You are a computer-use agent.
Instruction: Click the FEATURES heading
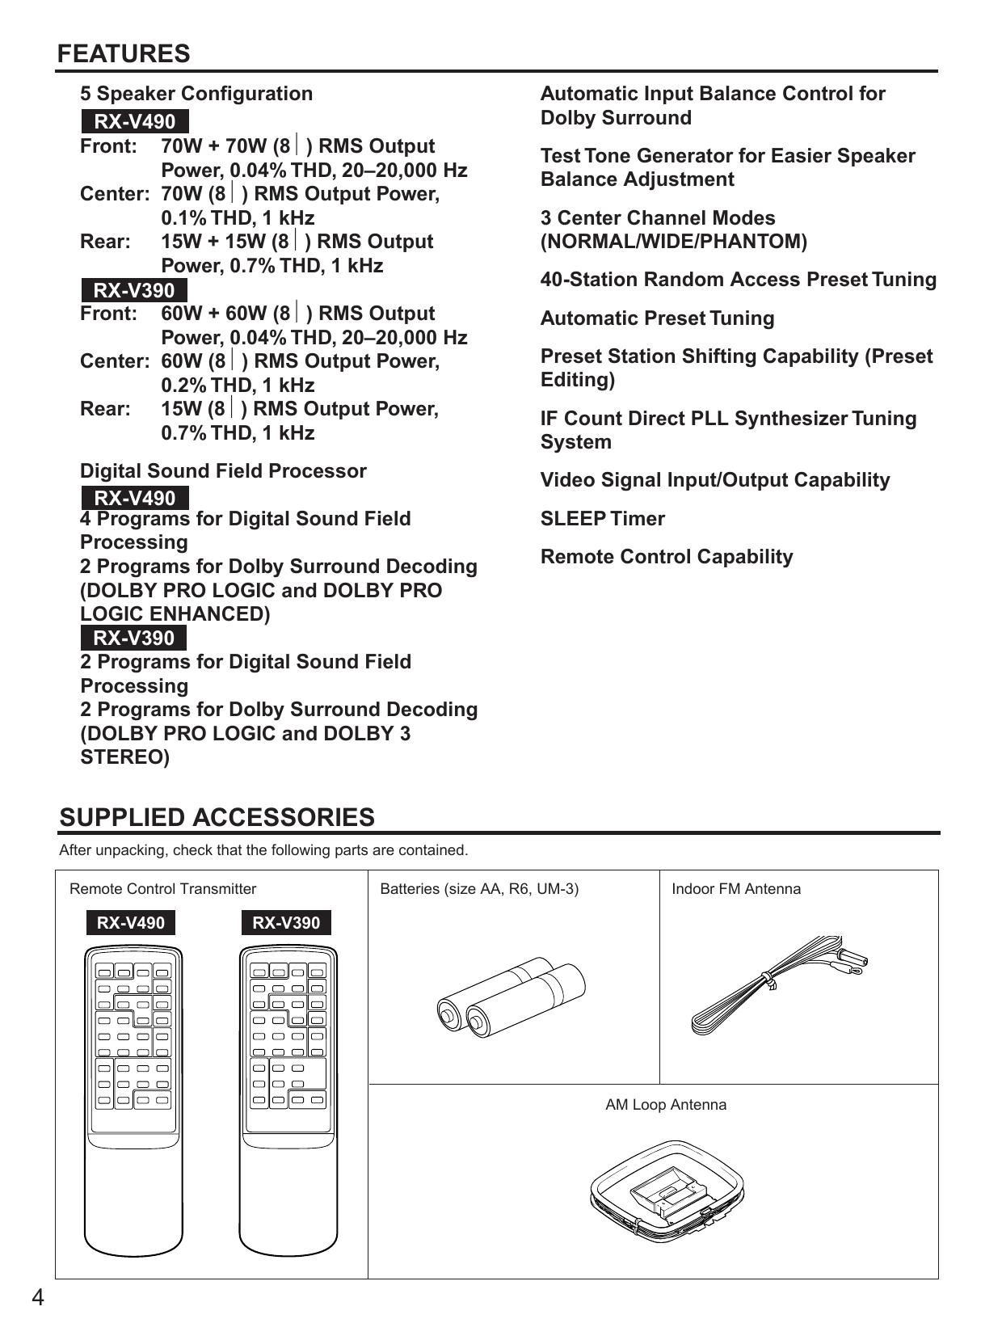124,54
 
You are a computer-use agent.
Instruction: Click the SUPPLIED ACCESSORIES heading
217,817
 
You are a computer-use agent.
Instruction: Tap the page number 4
38,1298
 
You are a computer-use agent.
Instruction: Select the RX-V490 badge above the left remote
131,923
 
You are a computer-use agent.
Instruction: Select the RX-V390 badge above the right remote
286,923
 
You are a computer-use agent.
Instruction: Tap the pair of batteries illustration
511,997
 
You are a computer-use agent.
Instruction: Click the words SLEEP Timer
602,519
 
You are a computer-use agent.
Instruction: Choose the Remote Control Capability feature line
667,557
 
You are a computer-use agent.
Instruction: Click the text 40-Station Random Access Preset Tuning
738,280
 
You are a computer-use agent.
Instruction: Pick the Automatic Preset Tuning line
657,318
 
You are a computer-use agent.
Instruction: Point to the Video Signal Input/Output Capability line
715,480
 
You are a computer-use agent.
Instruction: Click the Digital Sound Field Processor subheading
223,471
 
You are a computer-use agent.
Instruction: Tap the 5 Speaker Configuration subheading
196,94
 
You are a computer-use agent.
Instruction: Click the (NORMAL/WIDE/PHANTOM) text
673,242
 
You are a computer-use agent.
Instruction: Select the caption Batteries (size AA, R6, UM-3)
479,889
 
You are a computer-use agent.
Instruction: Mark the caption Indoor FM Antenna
736,889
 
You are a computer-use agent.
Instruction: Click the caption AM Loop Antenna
666,1105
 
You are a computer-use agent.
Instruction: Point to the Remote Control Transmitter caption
162,889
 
